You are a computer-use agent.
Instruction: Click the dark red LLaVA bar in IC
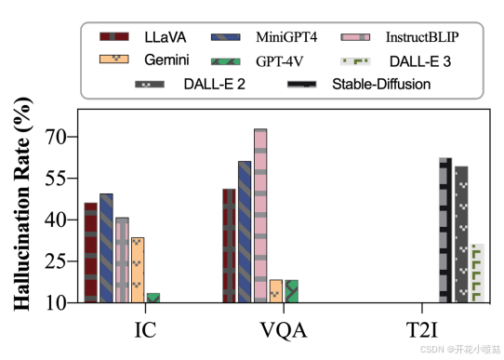[90, 252]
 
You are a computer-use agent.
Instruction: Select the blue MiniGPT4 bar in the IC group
[106, 247]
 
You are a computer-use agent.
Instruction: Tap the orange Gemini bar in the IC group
[137, 270]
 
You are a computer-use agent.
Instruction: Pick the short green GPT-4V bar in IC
[153, 298]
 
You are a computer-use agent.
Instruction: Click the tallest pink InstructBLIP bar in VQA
[260, 215]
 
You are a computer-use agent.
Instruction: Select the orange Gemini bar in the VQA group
[275, 290]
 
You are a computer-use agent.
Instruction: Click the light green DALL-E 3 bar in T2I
[477, 273]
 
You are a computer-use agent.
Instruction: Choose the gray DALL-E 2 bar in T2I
[461, 233]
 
